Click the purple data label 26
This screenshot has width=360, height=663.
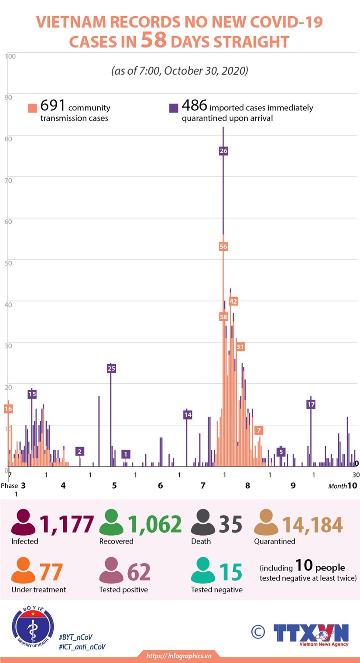[223, 151]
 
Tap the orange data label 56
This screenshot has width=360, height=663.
[223, 246]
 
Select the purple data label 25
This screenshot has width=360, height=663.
[111, 369]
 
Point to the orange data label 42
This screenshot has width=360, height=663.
[233, 301]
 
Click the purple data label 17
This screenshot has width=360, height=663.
[311, 404]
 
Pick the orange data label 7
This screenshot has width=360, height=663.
[259, 431]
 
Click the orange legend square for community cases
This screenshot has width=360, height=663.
[32, 108]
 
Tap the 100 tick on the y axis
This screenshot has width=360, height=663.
[10, 56]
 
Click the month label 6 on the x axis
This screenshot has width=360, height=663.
[161, 485]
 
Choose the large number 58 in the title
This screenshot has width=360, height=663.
[154, 40]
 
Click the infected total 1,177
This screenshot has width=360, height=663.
[67, 524]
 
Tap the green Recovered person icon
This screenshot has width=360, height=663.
[112, 523]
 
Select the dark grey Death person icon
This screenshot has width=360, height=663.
[204, 523]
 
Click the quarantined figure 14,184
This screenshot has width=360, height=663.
[312, 525]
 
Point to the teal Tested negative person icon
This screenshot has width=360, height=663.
[203, 571]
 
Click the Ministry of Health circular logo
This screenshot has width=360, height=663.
[33, 629]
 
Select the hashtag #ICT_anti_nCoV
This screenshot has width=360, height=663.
[82, 647]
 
